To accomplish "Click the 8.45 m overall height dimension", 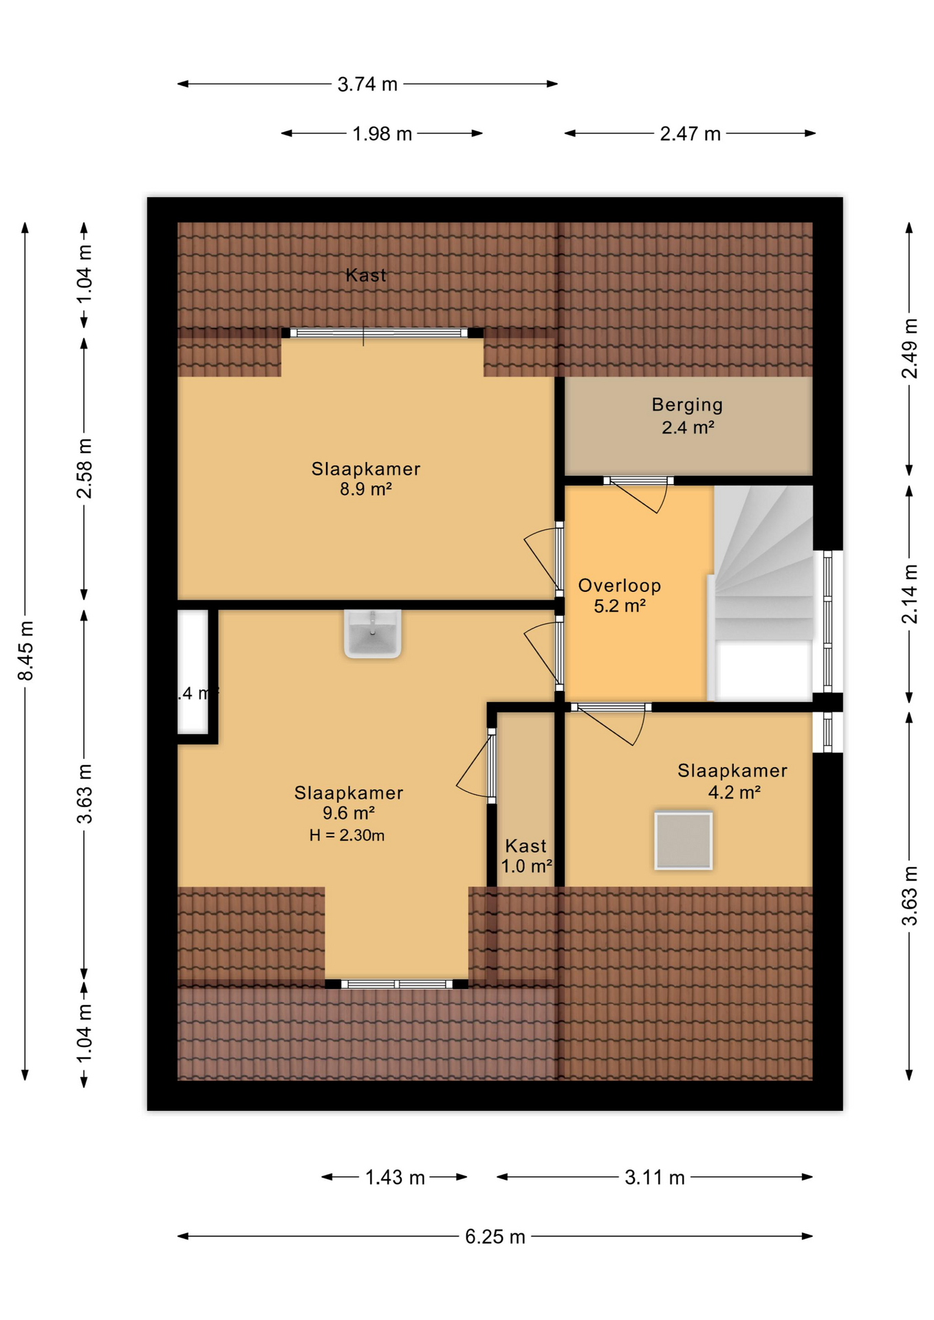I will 25,650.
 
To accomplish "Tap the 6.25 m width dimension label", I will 495,1236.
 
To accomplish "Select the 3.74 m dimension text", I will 367,84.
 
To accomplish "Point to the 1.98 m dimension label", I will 382,133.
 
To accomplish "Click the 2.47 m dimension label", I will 690,133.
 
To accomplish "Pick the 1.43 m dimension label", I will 395,1177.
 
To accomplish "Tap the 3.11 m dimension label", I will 654,1177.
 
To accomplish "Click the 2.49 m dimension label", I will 909,349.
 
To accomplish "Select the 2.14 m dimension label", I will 909,594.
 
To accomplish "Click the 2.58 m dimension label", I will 84,468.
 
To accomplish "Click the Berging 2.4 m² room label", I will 687,416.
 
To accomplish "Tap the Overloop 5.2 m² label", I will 619,595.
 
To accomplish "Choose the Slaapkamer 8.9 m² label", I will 365,478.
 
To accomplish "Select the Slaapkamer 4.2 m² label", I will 732,781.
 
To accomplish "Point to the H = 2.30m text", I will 347,835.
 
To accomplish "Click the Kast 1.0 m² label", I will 526,856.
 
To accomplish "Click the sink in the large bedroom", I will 372,633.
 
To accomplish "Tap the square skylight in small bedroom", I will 683,840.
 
